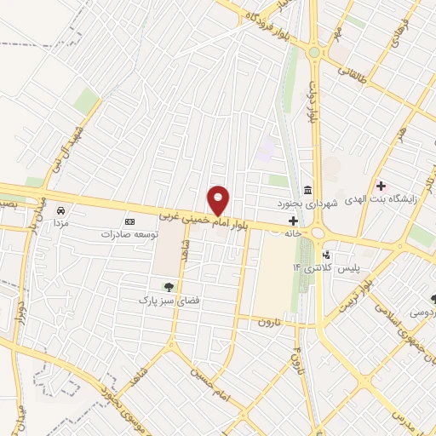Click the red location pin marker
[x=219, y=199]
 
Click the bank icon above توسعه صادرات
[x=130, y=221]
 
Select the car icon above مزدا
[x=60, y=210]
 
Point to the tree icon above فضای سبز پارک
[x=166, y=287]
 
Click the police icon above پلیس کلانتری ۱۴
[x=324, y=254]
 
